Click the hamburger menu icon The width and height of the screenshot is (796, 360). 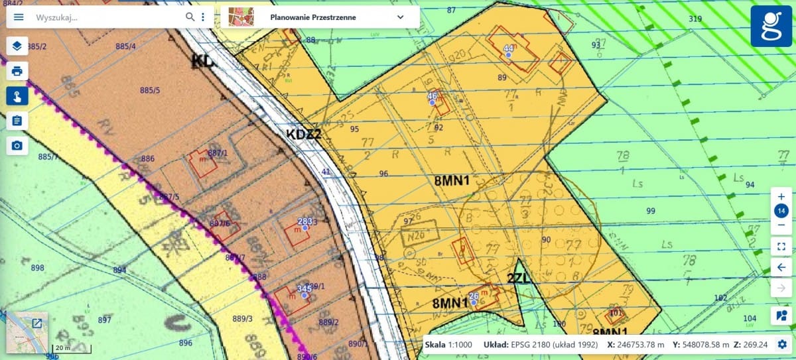point(19,17)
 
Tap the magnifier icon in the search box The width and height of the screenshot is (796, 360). point(190,17)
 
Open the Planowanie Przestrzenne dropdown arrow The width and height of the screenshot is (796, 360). point(400,17)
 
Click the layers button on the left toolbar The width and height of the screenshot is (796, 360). point(17,46)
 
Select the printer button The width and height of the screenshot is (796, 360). point(17,71)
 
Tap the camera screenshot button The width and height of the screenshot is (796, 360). point(17,146)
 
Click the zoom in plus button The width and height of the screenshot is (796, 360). point(781,197)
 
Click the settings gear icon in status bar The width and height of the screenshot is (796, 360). point(782,345)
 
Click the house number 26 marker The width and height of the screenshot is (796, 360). point(474,302)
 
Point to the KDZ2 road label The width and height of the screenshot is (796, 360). point(304,135)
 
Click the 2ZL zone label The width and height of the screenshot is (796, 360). point(519,279)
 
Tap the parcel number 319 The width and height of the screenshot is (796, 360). point(695,19)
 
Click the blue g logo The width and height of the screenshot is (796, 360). point(771,27)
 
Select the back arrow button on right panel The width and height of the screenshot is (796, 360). point(781,267)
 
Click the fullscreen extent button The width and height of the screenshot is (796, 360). point(781,246)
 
